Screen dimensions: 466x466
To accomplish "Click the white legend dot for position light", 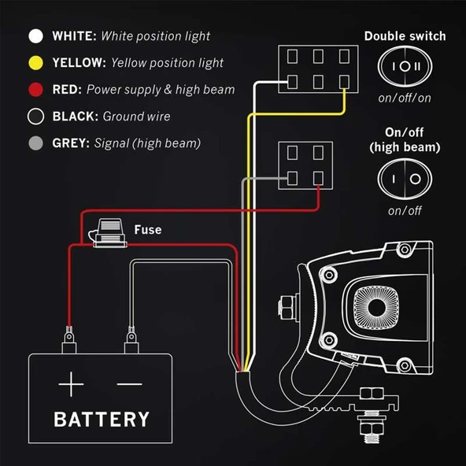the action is tap(35, 36).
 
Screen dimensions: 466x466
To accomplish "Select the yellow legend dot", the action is tap(35, 63).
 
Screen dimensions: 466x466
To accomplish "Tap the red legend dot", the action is tap(35, 90).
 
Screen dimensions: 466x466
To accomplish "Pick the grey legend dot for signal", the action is tap(35, 143).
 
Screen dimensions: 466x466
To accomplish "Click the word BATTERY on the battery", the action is tap(102, 419).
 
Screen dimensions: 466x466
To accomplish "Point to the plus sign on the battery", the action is tap(71, 384).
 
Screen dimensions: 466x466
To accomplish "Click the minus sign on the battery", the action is tap(130, 384).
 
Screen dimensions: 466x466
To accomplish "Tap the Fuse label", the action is tap(148, 230).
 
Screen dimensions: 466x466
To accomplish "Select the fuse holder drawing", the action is tap(108, 234).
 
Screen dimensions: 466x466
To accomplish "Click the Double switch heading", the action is tap(405, 36).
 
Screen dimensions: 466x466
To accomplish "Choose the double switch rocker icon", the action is tap(405, 66).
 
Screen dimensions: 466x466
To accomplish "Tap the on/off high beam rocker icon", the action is tap(405, 179).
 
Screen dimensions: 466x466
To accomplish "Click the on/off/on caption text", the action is tap(405, 98).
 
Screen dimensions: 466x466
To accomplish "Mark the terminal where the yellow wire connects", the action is tap(344, 82).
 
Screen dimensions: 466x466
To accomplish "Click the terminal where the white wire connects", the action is tap(292, 82).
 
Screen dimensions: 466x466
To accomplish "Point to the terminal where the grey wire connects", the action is tap(292, 179).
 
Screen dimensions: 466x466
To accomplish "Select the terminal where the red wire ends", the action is tap(318, 179).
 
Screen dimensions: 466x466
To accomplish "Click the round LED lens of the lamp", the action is tap(376, 307).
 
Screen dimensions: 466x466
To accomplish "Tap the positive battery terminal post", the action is tap(69, 340).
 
